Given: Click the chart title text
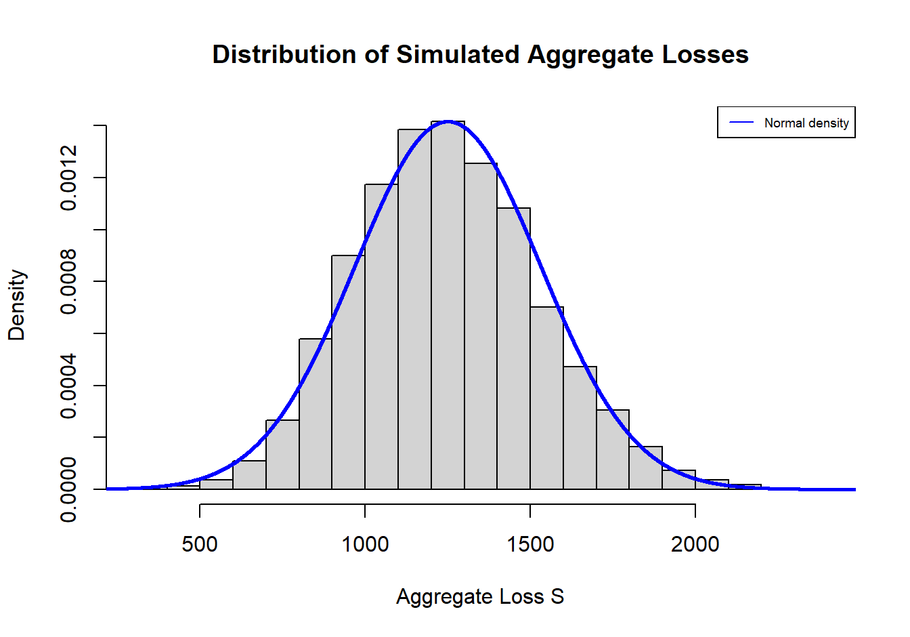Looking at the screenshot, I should point(480,55).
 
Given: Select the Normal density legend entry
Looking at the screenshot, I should point(806,123).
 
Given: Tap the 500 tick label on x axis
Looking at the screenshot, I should point(200,543).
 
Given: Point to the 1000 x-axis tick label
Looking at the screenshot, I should point(365,543).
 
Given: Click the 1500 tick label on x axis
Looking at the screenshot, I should point(530,543).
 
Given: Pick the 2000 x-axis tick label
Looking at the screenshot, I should point(695,543).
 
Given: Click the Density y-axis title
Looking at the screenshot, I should point(16,305).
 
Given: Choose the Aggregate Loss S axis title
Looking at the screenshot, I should point(480,596).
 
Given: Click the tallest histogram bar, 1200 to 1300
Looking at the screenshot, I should point(448,305).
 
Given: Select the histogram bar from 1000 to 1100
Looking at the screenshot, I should point(381,339).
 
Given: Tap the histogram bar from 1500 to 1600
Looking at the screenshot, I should point(546,400).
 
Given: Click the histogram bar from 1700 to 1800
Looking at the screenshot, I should point(613,451).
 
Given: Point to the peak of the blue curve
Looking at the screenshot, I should point(448,121).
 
